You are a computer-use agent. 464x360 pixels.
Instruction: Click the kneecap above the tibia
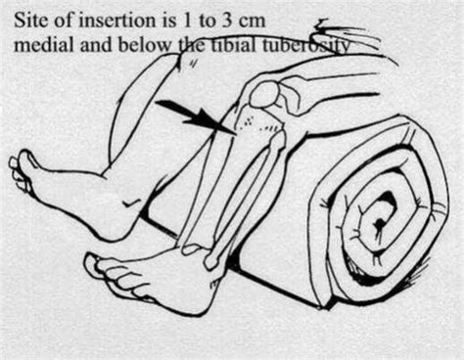pyautogui.click(x=266, y=95)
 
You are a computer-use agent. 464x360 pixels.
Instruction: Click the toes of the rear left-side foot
pyautogui.click(x=20, y=174)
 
